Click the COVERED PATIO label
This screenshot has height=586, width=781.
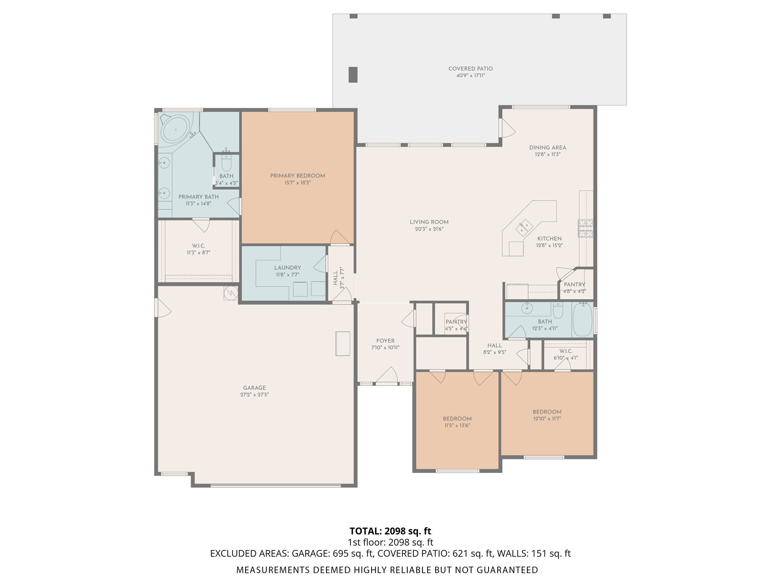470,69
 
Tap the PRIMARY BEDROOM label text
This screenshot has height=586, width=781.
297,176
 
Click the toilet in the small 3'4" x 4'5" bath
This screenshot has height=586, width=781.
226,163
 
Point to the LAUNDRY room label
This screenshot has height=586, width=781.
288,268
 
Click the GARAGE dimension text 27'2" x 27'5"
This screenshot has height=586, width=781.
254,395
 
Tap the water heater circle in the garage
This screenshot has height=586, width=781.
231,293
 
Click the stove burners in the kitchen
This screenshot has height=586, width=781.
585,228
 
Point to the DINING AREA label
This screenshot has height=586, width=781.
547,148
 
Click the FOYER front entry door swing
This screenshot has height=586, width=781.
387,375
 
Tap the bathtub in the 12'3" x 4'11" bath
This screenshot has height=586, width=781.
582,320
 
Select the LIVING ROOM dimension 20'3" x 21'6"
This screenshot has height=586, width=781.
429,229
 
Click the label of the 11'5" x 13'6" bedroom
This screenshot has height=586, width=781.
457,419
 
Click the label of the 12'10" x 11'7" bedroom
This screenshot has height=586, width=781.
547,412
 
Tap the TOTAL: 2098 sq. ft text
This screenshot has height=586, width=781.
390,531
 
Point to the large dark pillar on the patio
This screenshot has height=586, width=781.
353,74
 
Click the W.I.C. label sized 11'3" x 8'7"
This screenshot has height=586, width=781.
199,246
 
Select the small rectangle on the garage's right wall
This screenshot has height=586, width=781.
342,344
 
